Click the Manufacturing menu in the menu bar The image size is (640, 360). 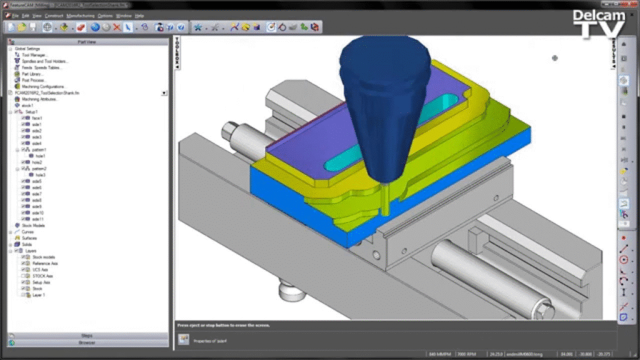coord(81,15)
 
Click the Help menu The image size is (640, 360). coord(139,15)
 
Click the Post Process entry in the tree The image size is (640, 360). coord(31,80)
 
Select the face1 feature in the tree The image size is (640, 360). coord(37,118)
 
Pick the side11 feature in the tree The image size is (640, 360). coord(38,219)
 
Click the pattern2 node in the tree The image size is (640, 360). coord(39,169)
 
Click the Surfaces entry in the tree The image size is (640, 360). coord(29,238)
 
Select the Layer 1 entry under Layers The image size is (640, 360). coord(39,294)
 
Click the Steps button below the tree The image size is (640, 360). coord(87,336)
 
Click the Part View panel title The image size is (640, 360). coord(87,42)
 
